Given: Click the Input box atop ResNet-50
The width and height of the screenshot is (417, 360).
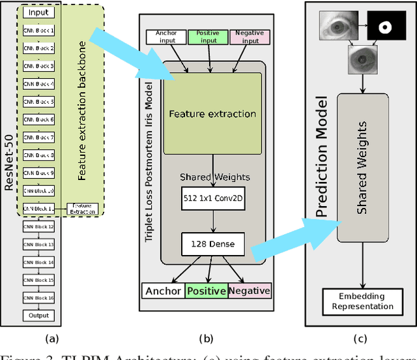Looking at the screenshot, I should tap(38, 12).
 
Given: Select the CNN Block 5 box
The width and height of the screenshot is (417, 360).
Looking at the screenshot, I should tap(38, 102).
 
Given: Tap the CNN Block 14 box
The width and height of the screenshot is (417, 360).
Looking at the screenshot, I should tap(38, 262).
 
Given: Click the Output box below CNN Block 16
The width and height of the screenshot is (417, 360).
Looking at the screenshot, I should tap(38, 316).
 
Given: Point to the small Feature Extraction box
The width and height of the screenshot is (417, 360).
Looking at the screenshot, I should tap(82, 209).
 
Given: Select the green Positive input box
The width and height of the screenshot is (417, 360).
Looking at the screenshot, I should tap(208, 37).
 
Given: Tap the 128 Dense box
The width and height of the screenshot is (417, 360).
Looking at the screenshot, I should tap(212, 245).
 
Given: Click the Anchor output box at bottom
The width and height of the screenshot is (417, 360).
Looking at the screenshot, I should tap(164, 291).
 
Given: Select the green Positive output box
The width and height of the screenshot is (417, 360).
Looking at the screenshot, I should tap(207, 291).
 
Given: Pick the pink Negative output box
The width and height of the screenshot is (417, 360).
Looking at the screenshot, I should tap(250, 291).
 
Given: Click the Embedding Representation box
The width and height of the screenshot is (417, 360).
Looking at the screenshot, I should tap(361, 301).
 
